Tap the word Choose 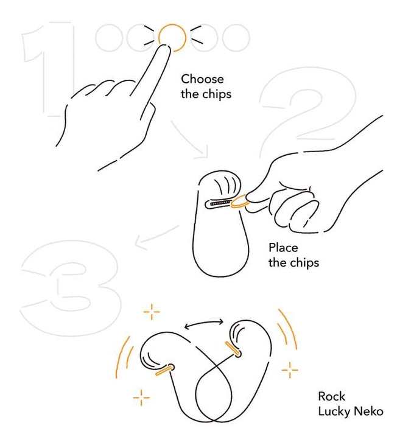click(202, 79)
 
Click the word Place click(283, 247)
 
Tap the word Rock click(331, 396)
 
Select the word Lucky click(335, 412)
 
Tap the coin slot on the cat click(219, 203)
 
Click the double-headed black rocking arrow click(204, 323)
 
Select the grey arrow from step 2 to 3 click(156, 237)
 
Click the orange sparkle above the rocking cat click(152, 312)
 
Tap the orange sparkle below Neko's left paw click(141, 397)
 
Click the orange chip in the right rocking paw click(232, 349)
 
